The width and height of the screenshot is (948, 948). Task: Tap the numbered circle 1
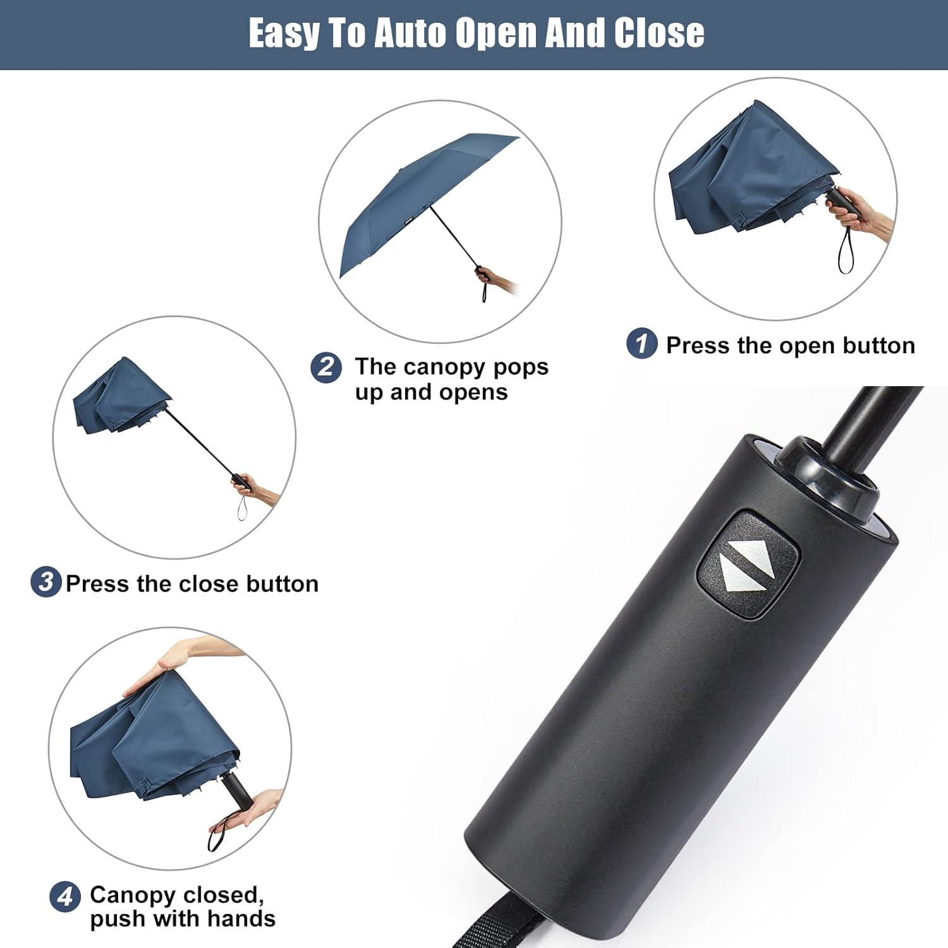point(642,344)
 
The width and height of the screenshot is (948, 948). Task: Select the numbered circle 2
point(326,367)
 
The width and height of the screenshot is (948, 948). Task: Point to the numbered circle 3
point(46,582)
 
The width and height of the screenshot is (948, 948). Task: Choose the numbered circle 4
point(64,897)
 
